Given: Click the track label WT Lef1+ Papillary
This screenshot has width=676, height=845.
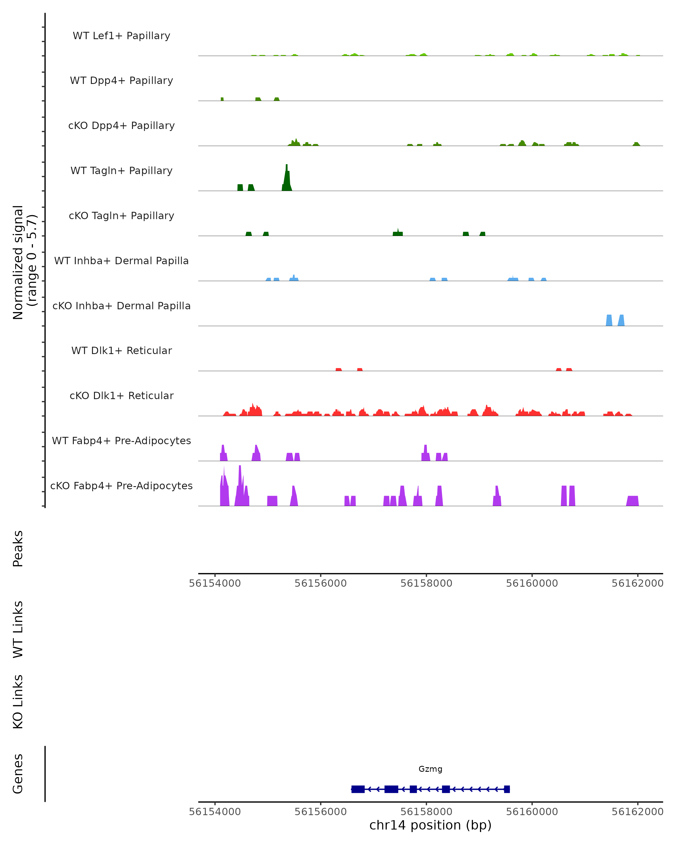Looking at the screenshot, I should (121, 36).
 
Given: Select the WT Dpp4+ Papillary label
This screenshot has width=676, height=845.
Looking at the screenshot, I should (121, 81).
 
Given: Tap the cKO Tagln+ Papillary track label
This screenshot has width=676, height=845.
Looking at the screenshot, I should (121, 216).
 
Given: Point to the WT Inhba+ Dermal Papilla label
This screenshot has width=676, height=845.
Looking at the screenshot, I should (121, 261).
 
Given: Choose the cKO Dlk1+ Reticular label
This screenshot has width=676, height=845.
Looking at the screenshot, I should (121, 396).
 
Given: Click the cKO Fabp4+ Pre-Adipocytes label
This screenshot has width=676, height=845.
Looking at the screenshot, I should (121, 486).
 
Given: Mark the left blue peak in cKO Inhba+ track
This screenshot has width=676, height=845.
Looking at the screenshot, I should (609, 320).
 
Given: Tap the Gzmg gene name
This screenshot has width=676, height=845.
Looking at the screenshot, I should (430, 769).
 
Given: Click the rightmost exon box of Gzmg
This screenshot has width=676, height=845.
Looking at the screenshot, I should (507, 789).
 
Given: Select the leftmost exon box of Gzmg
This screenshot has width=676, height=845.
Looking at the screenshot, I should (358, 789).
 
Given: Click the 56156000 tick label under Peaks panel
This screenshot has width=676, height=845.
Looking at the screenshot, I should (321, 584).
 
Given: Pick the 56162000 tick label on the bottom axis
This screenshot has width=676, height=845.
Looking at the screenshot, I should (638, 812).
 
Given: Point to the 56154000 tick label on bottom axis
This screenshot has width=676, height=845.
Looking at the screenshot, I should (215, 812).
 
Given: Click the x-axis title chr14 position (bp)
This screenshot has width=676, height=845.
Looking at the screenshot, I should (430, 825).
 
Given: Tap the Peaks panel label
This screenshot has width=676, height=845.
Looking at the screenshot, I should (18, 549).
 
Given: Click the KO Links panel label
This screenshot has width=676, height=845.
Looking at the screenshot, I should (18, 702).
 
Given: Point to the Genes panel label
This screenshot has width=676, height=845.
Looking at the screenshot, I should (18, 774).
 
